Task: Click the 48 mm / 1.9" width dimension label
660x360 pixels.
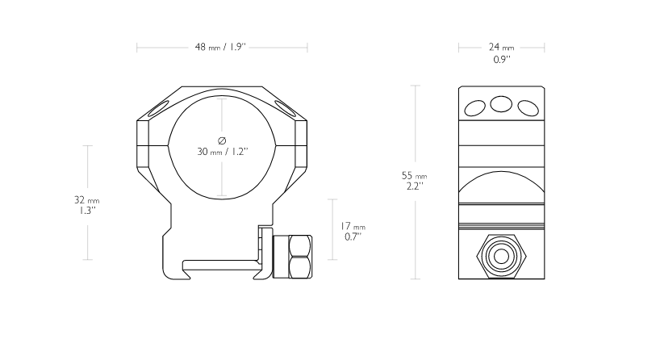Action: pyautogui.click(x=220, y=47)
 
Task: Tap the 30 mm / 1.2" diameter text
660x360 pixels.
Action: pyautogui.click(x=223, y=152)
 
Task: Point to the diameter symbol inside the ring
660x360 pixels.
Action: pyautogui.click(x=222, y=140)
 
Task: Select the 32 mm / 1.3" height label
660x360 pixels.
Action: pyautogui.click(x=86, y=205)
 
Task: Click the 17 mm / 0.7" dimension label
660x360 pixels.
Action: pyautogui.click(x=353, y=231)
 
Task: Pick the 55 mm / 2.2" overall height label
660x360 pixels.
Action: pyautogui.click(x=415, y=181)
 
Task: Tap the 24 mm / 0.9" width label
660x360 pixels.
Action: pyautogui.click(x=501, y=53)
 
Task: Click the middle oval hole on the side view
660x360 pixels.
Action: pyautogui.click(x=501, y=104)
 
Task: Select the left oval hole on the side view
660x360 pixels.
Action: pyautogui.click(x=474, y=108)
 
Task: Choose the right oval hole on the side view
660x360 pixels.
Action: pyautogui.click(x=528, y=108)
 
